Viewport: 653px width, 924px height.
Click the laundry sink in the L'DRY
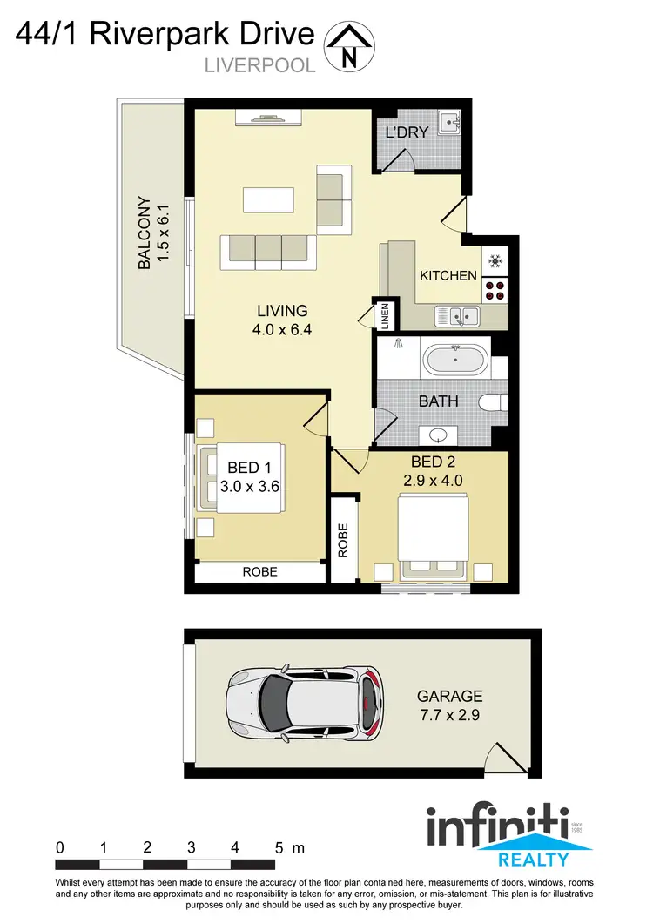(448, 122)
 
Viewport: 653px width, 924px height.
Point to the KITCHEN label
(448, 275)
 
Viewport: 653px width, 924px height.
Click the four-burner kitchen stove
(495, 289)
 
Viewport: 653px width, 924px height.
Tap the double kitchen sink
(457, 316)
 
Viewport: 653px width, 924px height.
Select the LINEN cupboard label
(384, 315)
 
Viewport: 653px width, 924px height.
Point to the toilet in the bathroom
(494, 402)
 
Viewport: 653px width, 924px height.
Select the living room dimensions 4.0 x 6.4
(282, 330)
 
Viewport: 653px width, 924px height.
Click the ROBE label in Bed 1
(260, 572)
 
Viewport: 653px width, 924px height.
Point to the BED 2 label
(433, 462)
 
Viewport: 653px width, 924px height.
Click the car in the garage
(304, 702)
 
